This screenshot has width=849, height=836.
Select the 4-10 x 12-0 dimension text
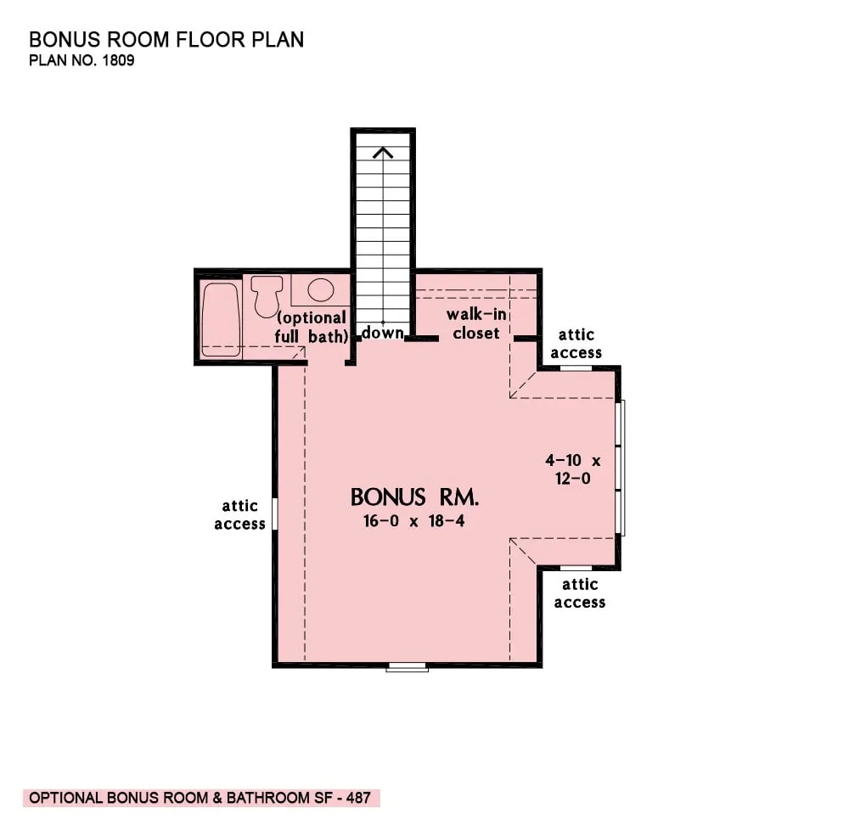[572, 469]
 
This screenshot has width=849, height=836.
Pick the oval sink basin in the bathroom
[320, 290]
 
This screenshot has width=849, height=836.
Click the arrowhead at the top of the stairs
[383, 153]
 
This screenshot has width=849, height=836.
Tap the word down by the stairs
[382, 333]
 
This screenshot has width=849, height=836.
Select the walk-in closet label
[475, 324]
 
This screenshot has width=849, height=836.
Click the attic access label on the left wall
[239, 515]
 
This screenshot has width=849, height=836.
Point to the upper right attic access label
[580, 344]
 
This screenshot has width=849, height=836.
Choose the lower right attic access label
[580, 593]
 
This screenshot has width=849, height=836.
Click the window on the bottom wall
[407, 668]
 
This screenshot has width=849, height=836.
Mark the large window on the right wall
[622, 467]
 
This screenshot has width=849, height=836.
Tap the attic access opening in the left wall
[275, 513]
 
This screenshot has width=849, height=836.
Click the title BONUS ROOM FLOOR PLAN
[166, 40]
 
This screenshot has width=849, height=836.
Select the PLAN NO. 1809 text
[82, 62]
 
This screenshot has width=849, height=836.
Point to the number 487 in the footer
[357, 798]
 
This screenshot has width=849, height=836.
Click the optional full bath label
[311, 327]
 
